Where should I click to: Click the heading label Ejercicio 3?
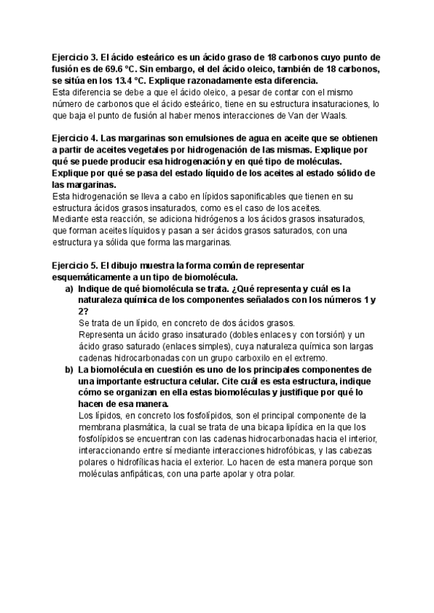point(76,57)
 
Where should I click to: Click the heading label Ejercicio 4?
point(76,138)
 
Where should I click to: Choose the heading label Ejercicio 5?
point(76,265)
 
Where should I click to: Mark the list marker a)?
point(70,288)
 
